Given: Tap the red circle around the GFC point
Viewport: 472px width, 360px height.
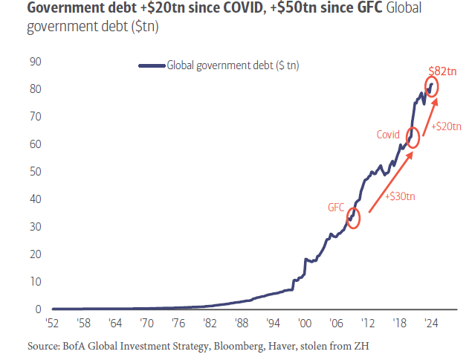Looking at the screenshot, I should (353, 218).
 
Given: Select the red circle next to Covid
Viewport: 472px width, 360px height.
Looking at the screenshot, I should (413, 138).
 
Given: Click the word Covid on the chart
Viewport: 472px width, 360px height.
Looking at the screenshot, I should (388, 135).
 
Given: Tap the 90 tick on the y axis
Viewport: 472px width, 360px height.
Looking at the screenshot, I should (35, 62).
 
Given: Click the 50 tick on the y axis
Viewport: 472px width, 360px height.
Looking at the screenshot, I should (35, 172).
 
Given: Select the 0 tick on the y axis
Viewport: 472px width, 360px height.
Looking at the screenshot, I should (38, 309).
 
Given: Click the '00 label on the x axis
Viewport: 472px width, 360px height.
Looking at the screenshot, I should (304, 324).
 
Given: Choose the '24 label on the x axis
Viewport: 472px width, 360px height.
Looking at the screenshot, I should (430, 324).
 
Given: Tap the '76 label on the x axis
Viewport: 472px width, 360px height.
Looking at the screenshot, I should (178, 324).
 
